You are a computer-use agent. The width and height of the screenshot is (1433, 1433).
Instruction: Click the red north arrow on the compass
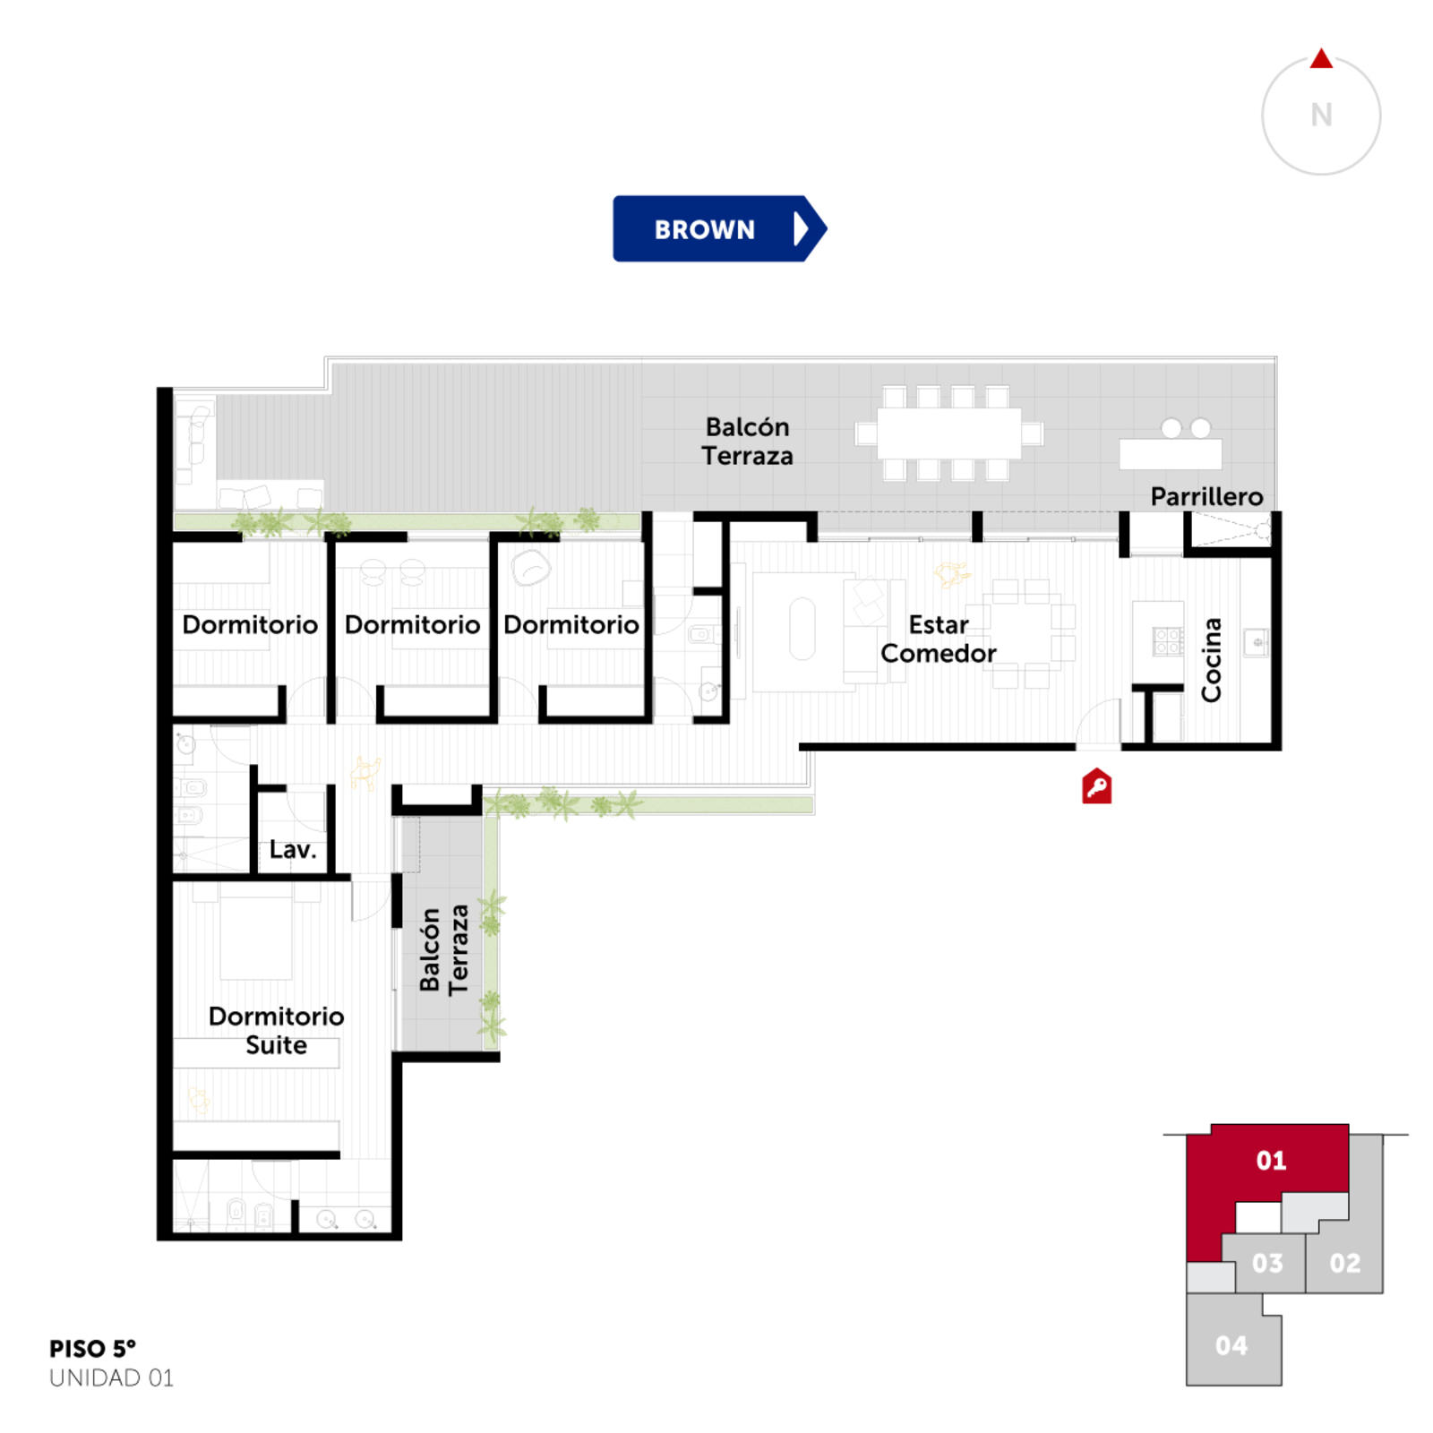point(1321,59)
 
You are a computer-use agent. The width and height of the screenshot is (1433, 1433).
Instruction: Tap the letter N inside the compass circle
point(1321,115)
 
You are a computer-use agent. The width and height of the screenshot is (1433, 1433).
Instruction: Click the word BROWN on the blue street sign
point(705,229)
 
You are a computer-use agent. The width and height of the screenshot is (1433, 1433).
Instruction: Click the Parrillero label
point(1206,496)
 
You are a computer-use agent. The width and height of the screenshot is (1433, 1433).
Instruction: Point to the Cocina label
point(1211,660)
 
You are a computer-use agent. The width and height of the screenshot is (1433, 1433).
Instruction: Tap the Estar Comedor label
point(939,639)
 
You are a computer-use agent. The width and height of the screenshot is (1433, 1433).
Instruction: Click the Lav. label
point(293,849)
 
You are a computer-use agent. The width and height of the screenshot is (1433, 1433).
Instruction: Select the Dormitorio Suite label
point(276,1030)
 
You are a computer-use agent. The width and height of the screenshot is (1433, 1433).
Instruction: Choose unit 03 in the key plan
point(1266,1263)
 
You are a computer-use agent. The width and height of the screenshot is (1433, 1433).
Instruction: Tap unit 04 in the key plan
point(1231,1345)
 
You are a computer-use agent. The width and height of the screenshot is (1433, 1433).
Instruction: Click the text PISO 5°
point(92,1349)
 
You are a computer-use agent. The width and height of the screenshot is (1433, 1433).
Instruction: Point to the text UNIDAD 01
point(111,1377)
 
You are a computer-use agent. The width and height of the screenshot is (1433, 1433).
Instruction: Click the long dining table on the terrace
point(948,433)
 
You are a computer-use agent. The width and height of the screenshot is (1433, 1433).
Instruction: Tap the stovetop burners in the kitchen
point(1168,640)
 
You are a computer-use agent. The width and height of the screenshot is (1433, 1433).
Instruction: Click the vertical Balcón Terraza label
point(443,949)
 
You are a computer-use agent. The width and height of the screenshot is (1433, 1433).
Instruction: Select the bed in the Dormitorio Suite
point(257,931)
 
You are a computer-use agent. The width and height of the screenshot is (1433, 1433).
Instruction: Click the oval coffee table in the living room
point(802,629)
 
